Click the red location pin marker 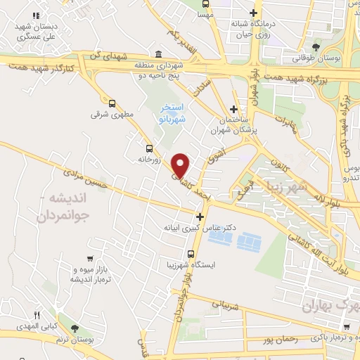[x=181, y=165]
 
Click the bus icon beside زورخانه [x=148, y=148]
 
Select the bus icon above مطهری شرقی [x=111, y=103]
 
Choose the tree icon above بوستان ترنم [x=75, y=328]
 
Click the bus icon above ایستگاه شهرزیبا [x=191, y=254]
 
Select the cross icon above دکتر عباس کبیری [x=201, y=217]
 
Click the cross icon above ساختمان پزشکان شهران [x=234, y=109]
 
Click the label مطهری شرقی [x=108, y=113]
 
